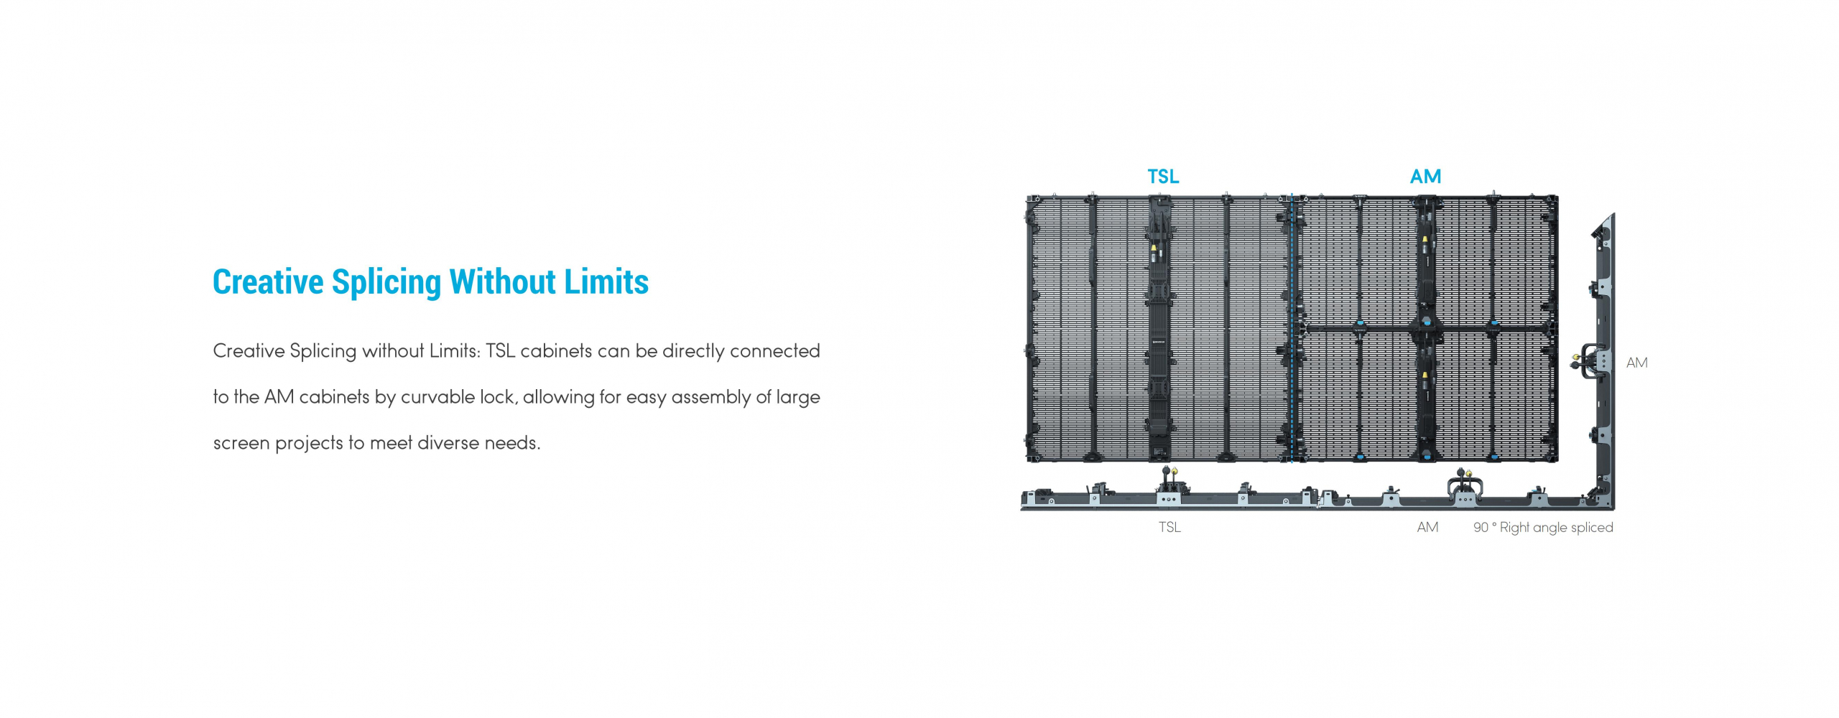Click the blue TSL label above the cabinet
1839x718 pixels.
point(1163,177)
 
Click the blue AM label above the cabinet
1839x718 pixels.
point(1425,177)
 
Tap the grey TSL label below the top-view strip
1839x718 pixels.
point(1169,527)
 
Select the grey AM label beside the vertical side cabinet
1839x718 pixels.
point(1636,363)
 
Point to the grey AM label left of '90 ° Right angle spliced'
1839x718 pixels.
point(1427,527)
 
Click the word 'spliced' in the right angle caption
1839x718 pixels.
point(1591,528)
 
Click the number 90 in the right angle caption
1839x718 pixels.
point(1481,527)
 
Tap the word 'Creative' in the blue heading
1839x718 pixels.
point(268,281)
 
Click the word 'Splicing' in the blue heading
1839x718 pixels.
point(386,283)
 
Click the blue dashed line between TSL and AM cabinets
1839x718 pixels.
point(1292,328)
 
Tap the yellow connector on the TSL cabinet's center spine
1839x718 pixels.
point(1154,251)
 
